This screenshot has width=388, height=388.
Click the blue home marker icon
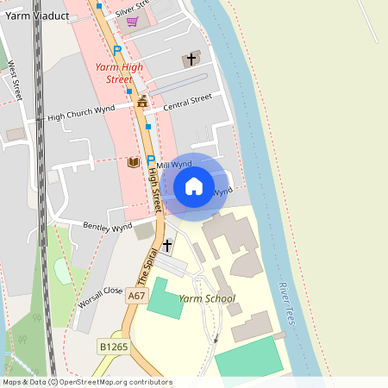tap(194, 185)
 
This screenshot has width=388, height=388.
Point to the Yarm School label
tap(207, 299)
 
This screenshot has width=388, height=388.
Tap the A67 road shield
tap(136, 296)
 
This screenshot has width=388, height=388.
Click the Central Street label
tap(187, 102)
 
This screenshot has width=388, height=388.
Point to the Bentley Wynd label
tap(107, 227)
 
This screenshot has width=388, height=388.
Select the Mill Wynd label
tap(175, 164)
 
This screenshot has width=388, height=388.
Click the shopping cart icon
tap(132, 22)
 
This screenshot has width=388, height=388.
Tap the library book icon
tap(132, 162)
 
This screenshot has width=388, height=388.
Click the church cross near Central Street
tap(191, 59)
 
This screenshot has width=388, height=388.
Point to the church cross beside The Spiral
tap(166, 246)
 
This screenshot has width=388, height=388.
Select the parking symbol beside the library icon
tap(151, 160)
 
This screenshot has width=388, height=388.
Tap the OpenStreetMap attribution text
tap(86, 382)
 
